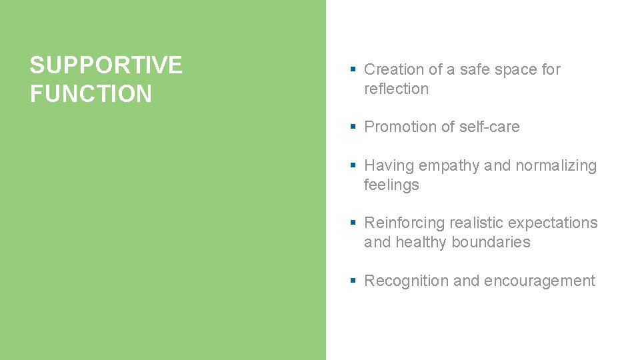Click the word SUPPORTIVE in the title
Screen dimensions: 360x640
tap(105, 65)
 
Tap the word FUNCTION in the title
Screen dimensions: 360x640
tap(91, 94)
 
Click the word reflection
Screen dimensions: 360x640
tap(396, 89)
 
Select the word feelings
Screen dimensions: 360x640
tap(391, 185)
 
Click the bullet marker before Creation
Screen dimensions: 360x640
tap(353, 69)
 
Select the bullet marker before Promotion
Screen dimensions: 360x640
tap(353, 127)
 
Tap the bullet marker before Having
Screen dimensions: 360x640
tap(353, 165)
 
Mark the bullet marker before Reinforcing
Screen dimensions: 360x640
tap(353, 223)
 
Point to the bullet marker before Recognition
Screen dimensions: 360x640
tap(353, 281)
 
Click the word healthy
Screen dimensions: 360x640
tap(421, 242)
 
